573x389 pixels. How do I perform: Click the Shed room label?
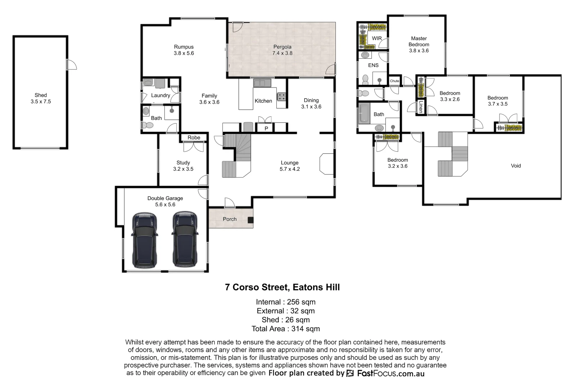coord(41,95)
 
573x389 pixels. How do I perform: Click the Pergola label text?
coord(282,47)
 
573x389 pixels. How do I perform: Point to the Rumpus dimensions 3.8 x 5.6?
coord(184,53)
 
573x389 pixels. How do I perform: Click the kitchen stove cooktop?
coord(281,97)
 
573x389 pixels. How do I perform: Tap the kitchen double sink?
coord(262,83)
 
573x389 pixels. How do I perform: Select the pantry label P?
coord(266,129)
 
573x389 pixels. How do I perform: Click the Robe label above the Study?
coord(194,138)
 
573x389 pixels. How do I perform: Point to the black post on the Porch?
coord(250,220)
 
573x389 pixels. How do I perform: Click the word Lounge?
coord(289,163)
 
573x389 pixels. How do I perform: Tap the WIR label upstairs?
coord(377,38)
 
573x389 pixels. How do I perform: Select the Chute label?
coord(394,81)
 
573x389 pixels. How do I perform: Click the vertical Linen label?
coord(420,107)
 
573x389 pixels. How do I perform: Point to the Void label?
coord(516,166)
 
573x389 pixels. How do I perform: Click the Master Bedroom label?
coord(419,41)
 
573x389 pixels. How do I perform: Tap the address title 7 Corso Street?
coord(282,287)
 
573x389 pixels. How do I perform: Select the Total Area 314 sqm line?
coord(285,328)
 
